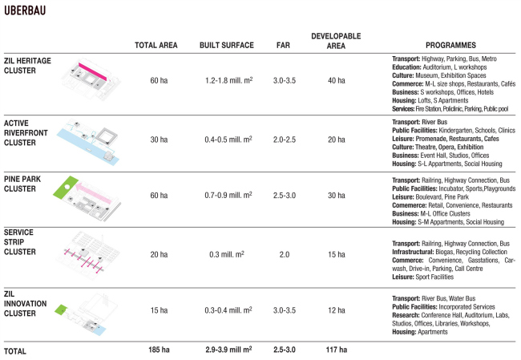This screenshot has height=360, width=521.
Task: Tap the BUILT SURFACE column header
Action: pos(227,46)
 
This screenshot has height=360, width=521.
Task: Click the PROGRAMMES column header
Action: pos(451,46)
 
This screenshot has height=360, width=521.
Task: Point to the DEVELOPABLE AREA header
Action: pos(336,41)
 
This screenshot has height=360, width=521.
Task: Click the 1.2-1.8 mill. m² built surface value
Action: pos(227,82)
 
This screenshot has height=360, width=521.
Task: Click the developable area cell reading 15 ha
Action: pos(336,254)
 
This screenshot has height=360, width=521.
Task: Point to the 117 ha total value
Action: pos(336,350)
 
